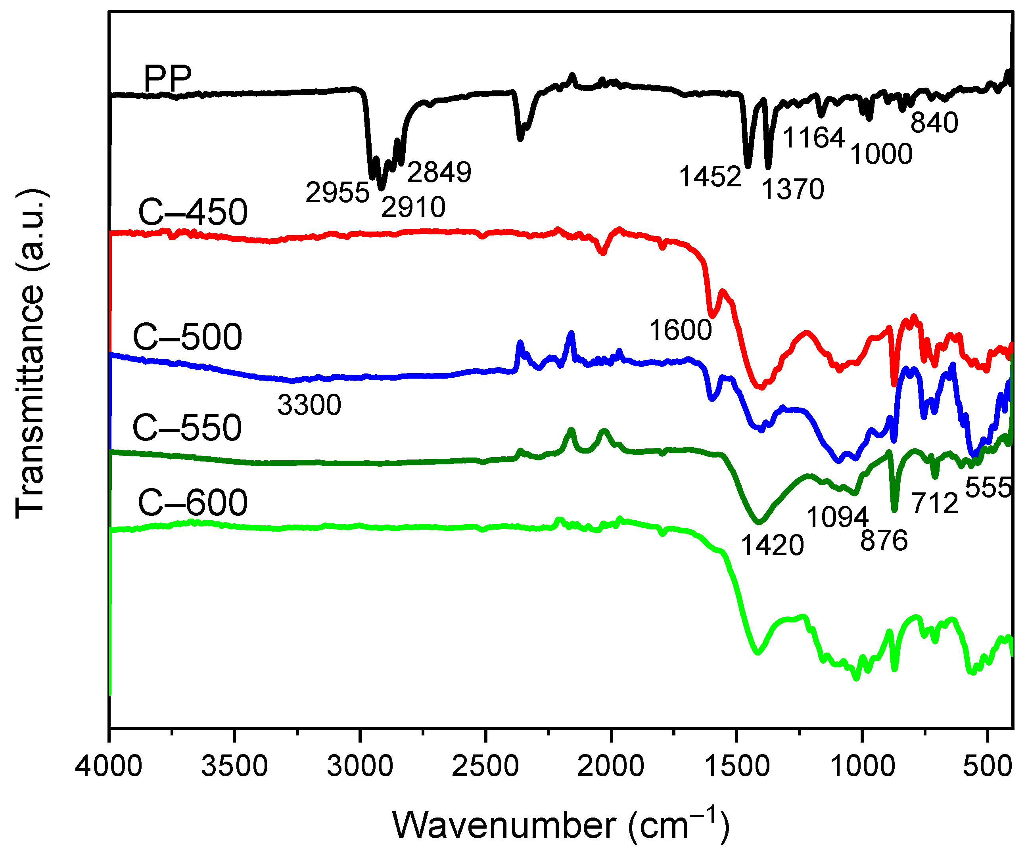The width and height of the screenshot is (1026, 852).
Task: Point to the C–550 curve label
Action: [x=187, y=427]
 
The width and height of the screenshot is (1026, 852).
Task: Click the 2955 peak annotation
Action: [x=337, y=192]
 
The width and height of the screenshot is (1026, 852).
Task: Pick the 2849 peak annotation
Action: [x=439, y=172]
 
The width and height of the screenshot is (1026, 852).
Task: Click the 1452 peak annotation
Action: [x=710, y=176]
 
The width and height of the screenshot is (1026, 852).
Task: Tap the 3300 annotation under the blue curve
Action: [x=309, y=405]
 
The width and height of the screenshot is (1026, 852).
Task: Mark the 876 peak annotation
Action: [x=884, y=540]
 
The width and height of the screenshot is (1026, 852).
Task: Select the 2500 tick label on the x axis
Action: [x=485, y=766]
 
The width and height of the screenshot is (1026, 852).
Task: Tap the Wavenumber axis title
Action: [x=560, y=825]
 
